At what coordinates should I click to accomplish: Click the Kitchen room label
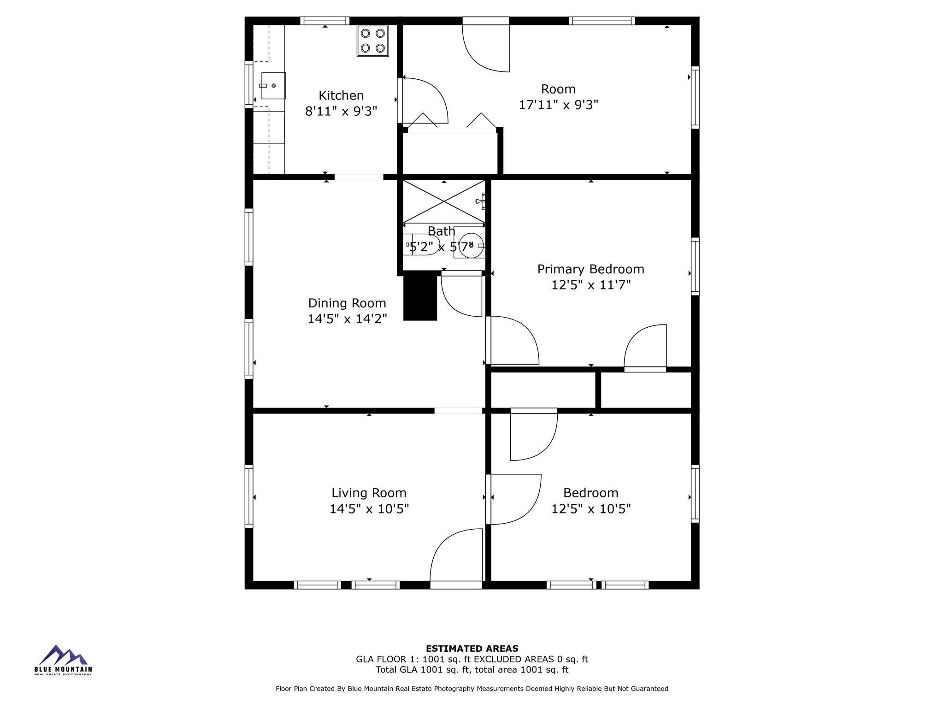(341, 95)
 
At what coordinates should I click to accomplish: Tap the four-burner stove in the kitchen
(373, 41)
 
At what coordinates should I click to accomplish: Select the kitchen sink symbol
(273, 86)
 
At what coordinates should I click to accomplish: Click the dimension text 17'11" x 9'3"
(558, 105)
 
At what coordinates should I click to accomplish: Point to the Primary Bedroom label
(590, 269)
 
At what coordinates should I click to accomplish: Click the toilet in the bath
(421, 245)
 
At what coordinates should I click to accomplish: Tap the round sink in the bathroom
(471, 245)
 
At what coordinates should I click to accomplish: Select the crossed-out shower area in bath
(444, 201)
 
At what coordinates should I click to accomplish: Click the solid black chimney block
(420, 298)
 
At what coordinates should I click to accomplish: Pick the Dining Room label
(347, 303)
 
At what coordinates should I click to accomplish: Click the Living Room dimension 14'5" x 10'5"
(369, 509)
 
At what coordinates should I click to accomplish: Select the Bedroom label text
(590, 493)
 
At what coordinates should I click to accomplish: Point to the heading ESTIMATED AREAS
(472, 649)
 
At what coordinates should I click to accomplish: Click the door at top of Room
(487, 46)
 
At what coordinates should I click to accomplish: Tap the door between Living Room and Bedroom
(513, 499)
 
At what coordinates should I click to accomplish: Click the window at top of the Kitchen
(324, 21)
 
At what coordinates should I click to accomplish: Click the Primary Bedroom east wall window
(695, 266)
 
